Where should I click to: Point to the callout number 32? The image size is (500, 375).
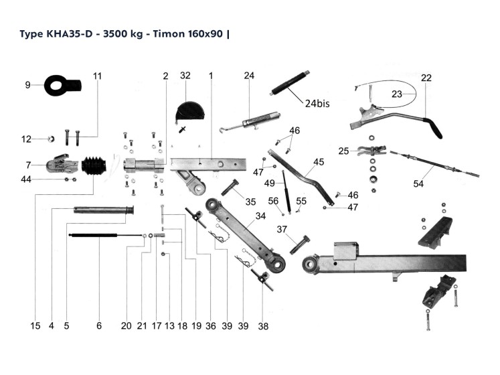coord(185,76)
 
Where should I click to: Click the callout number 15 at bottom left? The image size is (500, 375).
coord(35,326)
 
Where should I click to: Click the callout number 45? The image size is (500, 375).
coord(319,161)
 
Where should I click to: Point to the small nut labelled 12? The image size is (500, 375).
coord(50,139)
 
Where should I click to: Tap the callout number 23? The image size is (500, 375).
coord(397,94)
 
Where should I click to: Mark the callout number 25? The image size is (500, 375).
coord(343,151)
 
